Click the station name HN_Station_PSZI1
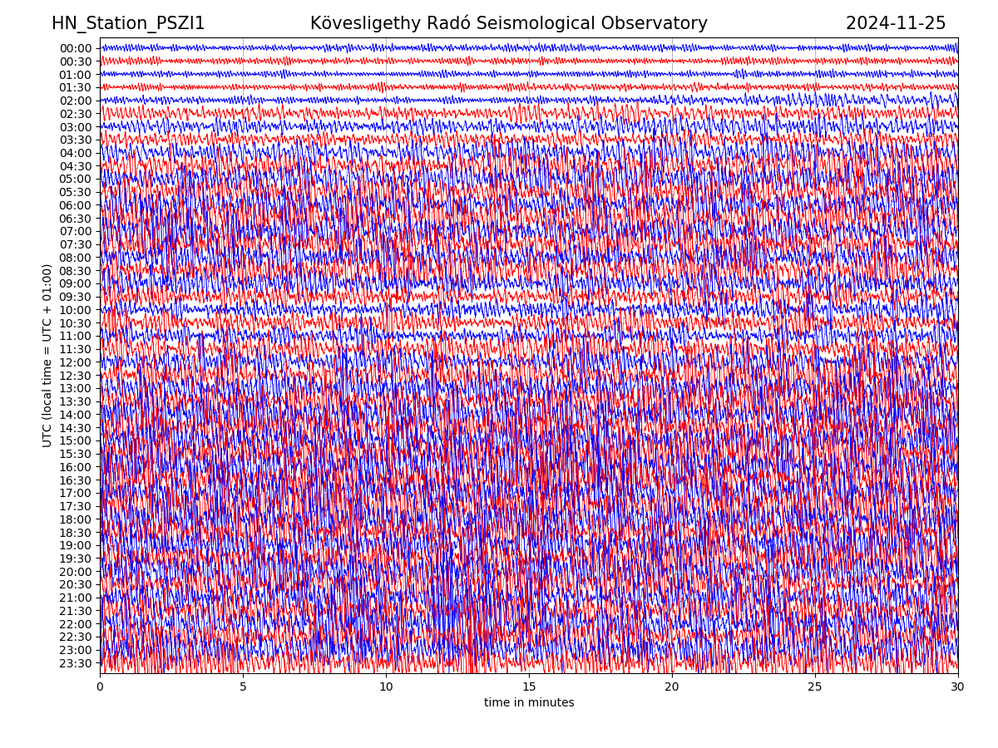tap(128, 23)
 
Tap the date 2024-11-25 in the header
tap(896, 23)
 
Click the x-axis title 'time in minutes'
tap(529, 702)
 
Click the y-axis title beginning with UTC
tap(47, 355)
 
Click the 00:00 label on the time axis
tap(76, 48)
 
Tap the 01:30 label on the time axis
tap(76, 87)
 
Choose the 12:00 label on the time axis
tap(76, 362)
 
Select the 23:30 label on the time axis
tap(76, 663)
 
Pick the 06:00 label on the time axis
tap(76, 205)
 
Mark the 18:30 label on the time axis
tap(76, 533)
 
